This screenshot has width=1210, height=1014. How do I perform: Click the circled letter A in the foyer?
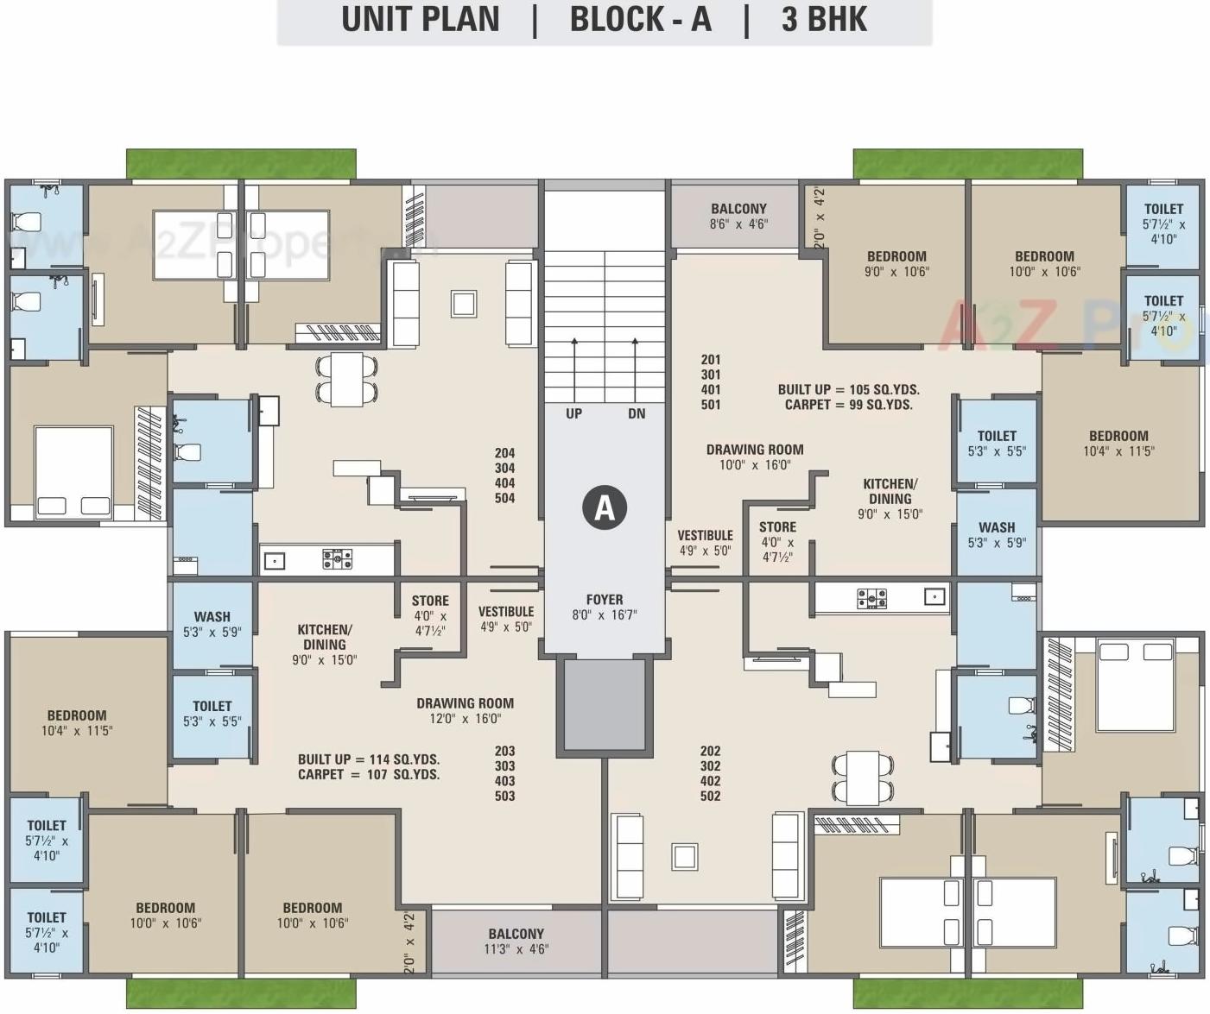click(x=604, y=507)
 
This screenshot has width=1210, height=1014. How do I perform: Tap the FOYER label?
click(x=604, y=599)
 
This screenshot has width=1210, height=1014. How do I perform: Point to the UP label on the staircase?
click(x=573, y=413)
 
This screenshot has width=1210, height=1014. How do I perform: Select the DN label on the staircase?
click(x=637, y=413)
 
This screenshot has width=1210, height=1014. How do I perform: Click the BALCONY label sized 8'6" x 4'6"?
click(x=738, y=209)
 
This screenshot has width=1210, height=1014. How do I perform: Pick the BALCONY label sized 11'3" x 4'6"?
click(x=516, y=934)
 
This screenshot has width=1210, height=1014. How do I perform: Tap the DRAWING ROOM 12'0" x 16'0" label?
click(x=465, y=703)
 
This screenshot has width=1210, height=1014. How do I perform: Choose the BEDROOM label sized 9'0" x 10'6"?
click(x=896, y=256)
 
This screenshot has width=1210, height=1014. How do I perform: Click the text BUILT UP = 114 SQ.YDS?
click(x=369, y=759)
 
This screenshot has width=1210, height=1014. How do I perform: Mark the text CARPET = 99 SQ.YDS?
click(x=848, y=404)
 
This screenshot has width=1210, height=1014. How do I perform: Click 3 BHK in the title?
click(x=824, y=20)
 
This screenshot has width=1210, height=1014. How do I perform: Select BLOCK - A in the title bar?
click(x=640, y=20)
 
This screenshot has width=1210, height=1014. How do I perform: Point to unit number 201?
click(x=711, y=360)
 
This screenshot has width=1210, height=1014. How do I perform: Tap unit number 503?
click(x=504, y=796)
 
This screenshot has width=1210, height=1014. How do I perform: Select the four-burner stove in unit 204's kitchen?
click(x=337, y=559)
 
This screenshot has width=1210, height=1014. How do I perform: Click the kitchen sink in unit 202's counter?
click(x=934, y=596)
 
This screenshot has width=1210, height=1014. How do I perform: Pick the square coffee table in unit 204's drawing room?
click(x=464, y=304)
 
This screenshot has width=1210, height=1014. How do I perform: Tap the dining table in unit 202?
click(x=862, y=778)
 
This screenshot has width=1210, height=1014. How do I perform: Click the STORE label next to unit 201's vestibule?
click(x=777, y=527)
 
